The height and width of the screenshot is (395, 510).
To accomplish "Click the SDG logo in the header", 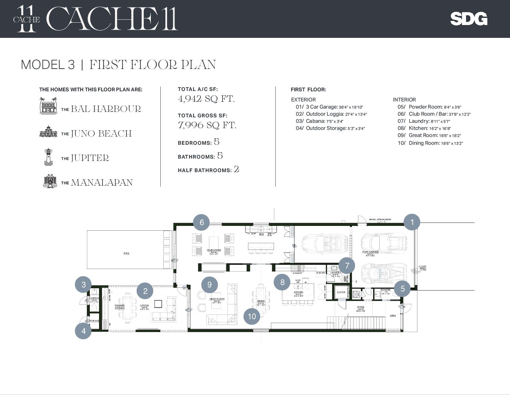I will point(469,19).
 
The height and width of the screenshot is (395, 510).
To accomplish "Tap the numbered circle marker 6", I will point(202,222).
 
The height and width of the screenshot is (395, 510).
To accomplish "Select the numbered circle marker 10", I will point(252,316).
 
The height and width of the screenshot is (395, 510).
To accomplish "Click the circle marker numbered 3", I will point(84,284).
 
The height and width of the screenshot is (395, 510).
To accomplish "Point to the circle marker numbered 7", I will point(347,265).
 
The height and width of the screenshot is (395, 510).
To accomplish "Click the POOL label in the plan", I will point(126,253).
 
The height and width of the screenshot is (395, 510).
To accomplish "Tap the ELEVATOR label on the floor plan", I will point(341,292).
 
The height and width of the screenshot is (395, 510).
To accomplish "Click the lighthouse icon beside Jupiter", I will point(48,157).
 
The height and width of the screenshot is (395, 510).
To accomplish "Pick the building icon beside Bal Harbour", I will point(48,106).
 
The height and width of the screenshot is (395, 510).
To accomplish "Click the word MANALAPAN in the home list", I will point(101,183).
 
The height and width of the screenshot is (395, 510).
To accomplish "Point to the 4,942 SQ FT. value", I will point(206,99).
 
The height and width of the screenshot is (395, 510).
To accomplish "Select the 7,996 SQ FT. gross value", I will point(207,125).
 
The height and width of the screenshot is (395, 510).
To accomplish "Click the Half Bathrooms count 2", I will point(236,169).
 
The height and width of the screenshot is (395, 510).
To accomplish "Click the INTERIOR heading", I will point(404,100).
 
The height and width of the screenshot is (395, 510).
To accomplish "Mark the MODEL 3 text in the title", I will point(48,65).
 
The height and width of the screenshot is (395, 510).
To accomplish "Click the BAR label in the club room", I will point(261,234).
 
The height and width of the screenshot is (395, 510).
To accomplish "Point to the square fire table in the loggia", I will point(158,303).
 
